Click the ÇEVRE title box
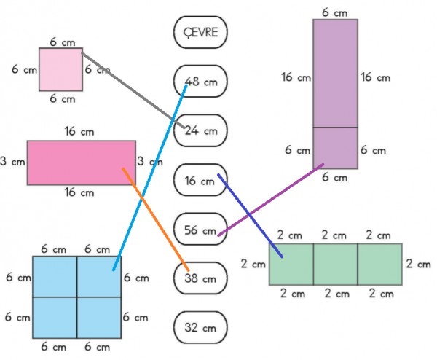click(x=201, y=32)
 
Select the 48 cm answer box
click(x=201, y=81)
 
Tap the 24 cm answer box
click(x=201, y=130)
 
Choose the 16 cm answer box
click(x=201, y=180)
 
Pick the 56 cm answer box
click(x=201, y=229)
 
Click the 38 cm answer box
click(x=201, y=278)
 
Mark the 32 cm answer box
click(x=201, y=327)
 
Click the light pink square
click(x=60, y=69)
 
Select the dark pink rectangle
click(x=82, y=163)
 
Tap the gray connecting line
click(x=133, y=90)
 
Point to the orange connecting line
click(x=156, y=219)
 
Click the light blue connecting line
click(x=150, y=177)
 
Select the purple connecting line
click(x=271, y=200)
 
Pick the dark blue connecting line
click(x=251, y=216)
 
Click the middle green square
click(x=336, y=264)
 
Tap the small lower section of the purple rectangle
click(x=335, y=148)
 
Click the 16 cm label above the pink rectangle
click(x=79, y=131)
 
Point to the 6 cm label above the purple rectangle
click(x=335, y=13)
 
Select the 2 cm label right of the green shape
click(x=418, y=264)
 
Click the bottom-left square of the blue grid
click(x=55, y=318)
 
